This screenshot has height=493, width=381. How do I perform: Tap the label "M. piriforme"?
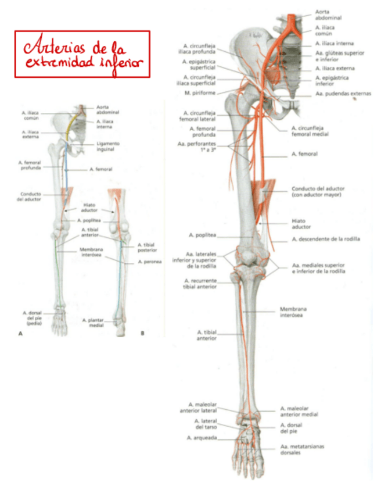[x=200, y=93]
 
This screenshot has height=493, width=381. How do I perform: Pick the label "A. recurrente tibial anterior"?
[x=201, y=283]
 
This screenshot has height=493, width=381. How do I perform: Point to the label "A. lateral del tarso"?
[x=205, y=423]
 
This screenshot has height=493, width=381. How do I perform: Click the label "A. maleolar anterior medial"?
[x=299, y=412]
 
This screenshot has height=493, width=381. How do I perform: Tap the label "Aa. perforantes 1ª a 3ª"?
[x=197, y=147]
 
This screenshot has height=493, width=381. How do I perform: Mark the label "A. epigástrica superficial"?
[x=199, y=64]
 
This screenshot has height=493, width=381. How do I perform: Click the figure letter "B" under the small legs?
[x=142, y=333]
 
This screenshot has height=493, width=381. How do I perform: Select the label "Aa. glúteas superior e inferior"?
[x=340, y=56]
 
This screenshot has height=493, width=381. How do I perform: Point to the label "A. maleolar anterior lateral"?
[x=201, y=407]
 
